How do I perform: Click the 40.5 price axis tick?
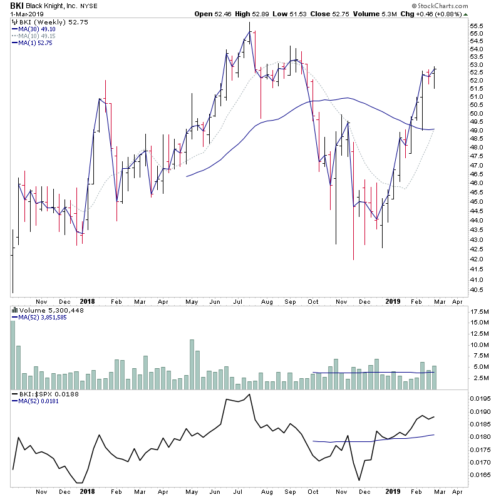point(478,290)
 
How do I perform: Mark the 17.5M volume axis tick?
point(480,311)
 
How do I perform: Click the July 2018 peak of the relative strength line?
point(250,394)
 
